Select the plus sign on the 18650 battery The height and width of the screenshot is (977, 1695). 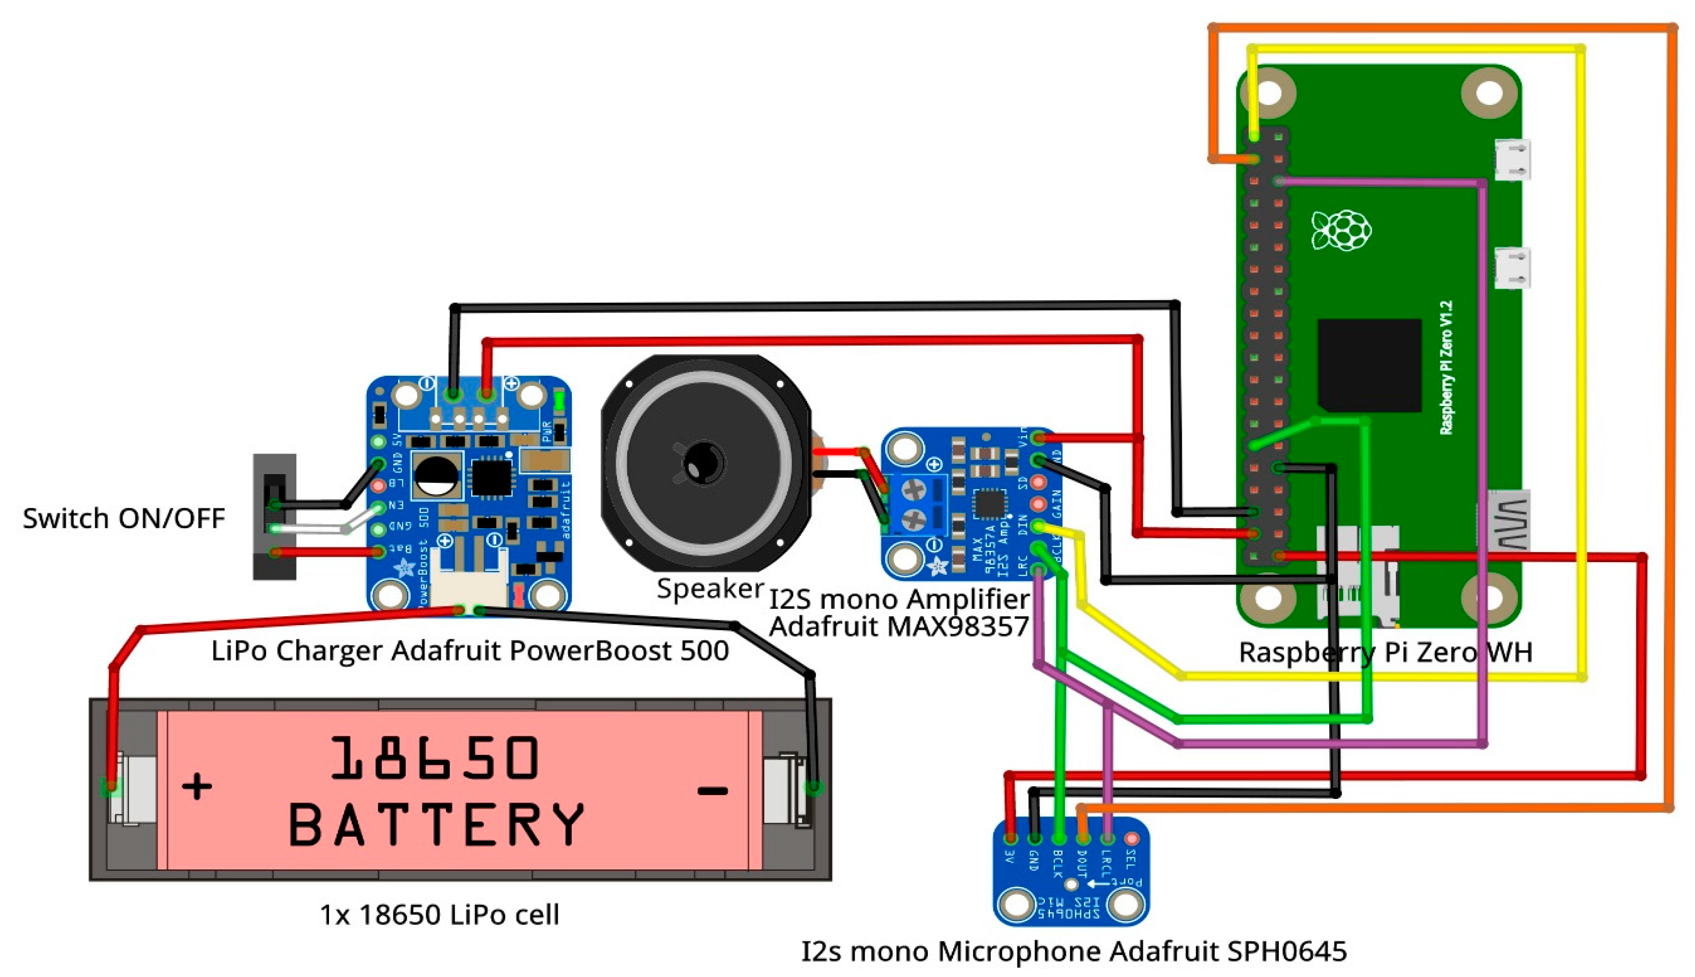tap(197, 786)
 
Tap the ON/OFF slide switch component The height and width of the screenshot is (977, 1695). tap(274, 516)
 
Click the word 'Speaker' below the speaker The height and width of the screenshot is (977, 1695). tap(710, 588)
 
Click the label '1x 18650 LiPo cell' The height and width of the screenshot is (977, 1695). tap(439, 915)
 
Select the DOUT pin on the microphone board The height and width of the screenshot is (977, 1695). tap(1083, 839)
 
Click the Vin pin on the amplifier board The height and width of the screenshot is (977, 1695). tap(1038, 439)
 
